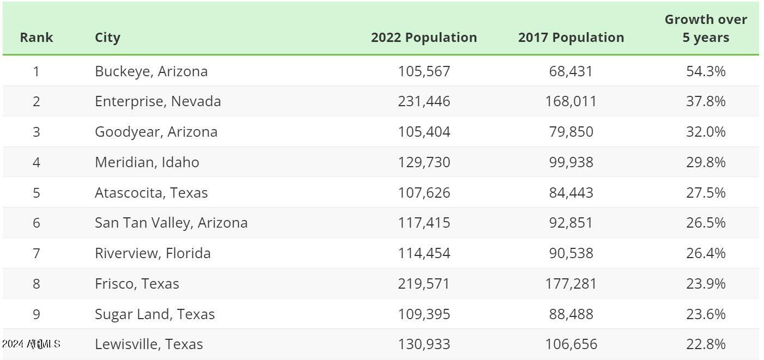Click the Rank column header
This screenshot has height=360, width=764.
pos(37,38)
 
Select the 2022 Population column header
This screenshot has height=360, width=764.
pos(424,38)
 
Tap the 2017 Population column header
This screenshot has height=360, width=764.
pos(571,38)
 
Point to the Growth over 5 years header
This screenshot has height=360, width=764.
pos(706,28)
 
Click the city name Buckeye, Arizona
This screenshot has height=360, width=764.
pos(151,71)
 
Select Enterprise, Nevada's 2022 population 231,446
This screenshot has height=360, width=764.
pos(424,101)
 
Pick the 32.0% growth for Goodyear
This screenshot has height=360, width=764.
pos(706,132)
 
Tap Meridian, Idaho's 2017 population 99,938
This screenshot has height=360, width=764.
pos(571,162)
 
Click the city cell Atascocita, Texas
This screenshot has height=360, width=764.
pos(151,193)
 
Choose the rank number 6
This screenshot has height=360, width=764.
pos(37,223)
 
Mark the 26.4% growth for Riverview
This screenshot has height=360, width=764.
pos(706,253)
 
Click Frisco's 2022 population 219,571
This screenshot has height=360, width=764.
pos(424,284)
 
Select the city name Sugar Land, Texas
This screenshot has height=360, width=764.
pos(155,314)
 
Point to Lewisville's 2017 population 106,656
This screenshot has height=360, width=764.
pos(571,344)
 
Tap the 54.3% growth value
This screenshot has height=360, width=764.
pos(706,71)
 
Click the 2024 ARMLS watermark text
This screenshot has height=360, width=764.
pos(31,344)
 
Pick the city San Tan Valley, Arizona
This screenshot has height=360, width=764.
pos(171,223)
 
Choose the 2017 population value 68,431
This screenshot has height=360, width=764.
pos(571,71)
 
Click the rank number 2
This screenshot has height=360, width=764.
pos(37,101)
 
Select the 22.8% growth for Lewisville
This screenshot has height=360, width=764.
pos(706,344)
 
